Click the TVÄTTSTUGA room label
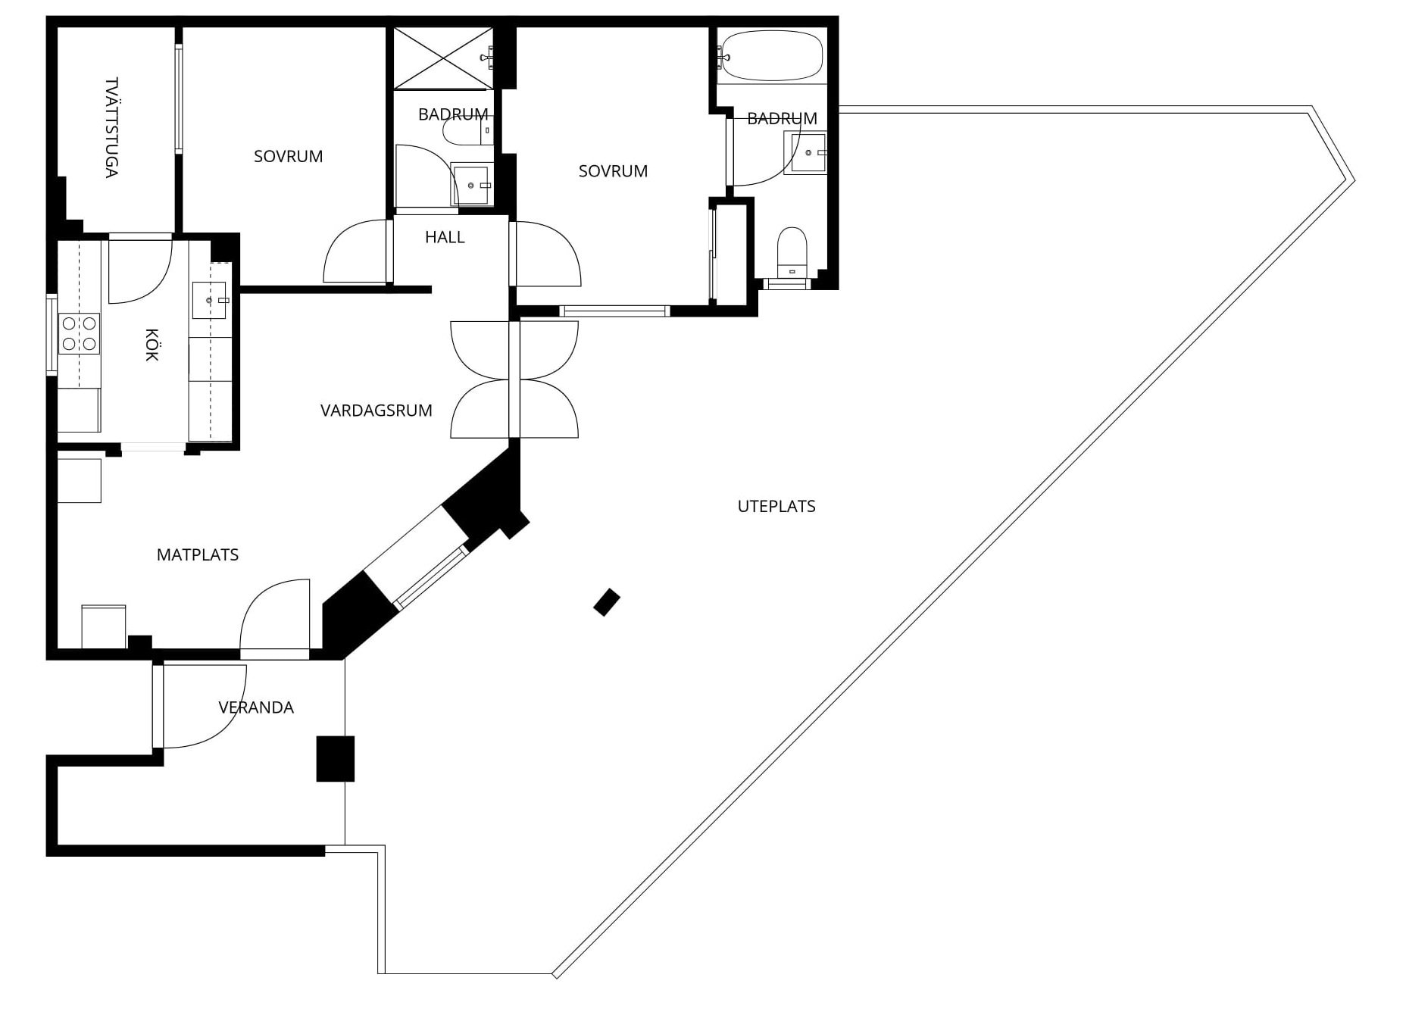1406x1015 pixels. (x=112, y=127)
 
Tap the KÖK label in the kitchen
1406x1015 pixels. (x=152, y=345)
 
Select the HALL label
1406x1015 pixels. (x=445, y=237)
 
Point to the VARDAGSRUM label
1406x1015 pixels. (x=376, y=411)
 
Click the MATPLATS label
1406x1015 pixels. (x=198, y=554)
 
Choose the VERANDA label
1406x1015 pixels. (x=256, y=707)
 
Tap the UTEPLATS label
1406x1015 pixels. (x=776, y=506)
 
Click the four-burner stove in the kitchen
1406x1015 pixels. (x=80, y=334)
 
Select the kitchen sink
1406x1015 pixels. (x=210, y=300)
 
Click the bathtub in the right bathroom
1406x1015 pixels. (x=771, y=55)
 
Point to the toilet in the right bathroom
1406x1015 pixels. (x=793, y=252)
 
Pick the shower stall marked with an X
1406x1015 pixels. (x=444, y=58)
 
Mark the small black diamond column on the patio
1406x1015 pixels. (x=607, y=602)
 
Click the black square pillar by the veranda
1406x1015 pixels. (x=335, y=758)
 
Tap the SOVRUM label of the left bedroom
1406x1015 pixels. (x=288, y=156)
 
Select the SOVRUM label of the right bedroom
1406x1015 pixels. (x=613, y=171)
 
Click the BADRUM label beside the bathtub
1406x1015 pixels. (x=782, y=118)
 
